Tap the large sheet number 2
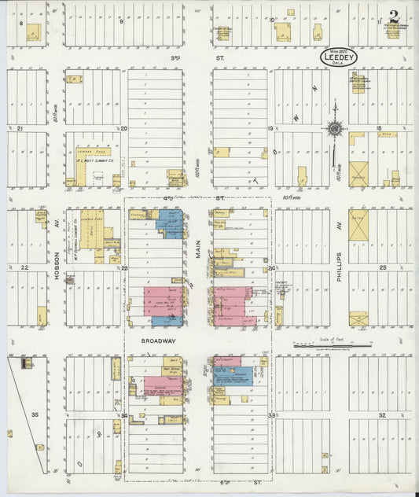(x=393, y=17)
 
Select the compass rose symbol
(x=335, y=129)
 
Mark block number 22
(x=24, y=268)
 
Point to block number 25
(x=383, y=268)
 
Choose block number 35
(x=34, y=414)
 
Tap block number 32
(x=382, y=414)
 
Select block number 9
(x=121, y=21)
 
